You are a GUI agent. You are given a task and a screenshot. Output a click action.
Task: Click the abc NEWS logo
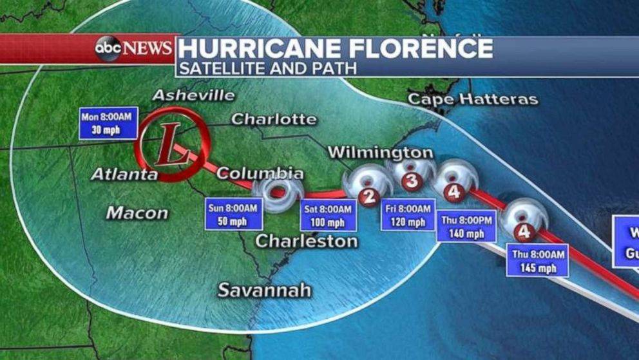click(134, 48)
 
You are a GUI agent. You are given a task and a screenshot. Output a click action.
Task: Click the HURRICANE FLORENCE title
click(336, 48)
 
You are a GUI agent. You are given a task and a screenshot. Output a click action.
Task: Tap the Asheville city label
click(193, 95)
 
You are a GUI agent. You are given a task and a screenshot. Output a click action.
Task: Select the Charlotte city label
click(274, 119)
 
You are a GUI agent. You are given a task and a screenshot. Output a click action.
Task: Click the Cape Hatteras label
click(473, 99)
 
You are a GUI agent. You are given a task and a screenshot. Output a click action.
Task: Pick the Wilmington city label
click(380, 153)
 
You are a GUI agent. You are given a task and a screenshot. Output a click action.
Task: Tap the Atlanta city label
click(124, 174)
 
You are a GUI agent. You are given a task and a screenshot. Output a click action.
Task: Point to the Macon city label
click(137, 213)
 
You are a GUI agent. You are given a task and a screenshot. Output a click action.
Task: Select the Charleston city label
click(307, 242)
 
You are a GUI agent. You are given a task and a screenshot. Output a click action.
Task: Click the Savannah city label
click(264, 290)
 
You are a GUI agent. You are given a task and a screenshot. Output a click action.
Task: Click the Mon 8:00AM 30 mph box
click(108, 122)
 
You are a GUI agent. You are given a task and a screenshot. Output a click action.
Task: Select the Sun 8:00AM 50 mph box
click(234, 214)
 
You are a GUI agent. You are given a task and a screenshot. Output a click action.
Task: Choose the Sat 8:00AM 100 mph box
click(328, 216)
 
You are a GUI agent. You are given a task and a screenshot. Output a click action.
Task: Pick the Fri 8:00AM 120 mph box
click(408, 216)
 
